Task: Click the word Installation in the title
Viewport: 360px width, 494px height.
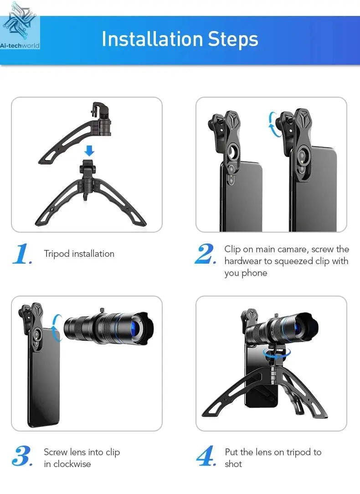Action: pyautogui.click(x=152, y=39)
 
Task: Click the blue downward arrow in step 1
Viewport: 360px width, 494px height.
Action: pyautogui.click(x=89, y=151)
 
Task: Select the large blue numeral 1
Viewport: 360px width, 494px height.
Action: pyautogui.click(x=21, y=254)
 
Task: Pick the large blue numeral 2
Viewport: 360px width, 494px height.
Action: pyautogui.click(x=205, y=254)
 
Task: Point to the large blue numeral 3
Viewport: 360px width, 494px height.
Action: pyautogui.click(x=22, y=456)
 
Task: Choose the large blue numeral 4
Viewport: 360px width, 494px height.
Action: pyautogui.click(x=206, y=456)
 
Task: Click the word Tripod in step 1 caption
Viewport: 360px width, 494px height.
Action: pyautogui.click(x=57, y=254)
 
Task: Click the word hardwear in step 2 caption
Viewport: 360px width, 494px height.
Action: pyautogui.click(x=242, y=261)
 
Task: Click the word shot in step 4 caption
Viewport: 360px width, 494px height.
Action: pyautogui.click(x=233, y=464)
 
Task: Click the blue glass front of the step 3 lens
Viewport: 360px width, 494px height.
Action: pyautogui.click(x=135, y=329)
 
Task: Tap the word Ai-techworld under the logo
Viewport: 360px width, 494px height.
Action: pyautogui.click(x=20, y=46)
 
